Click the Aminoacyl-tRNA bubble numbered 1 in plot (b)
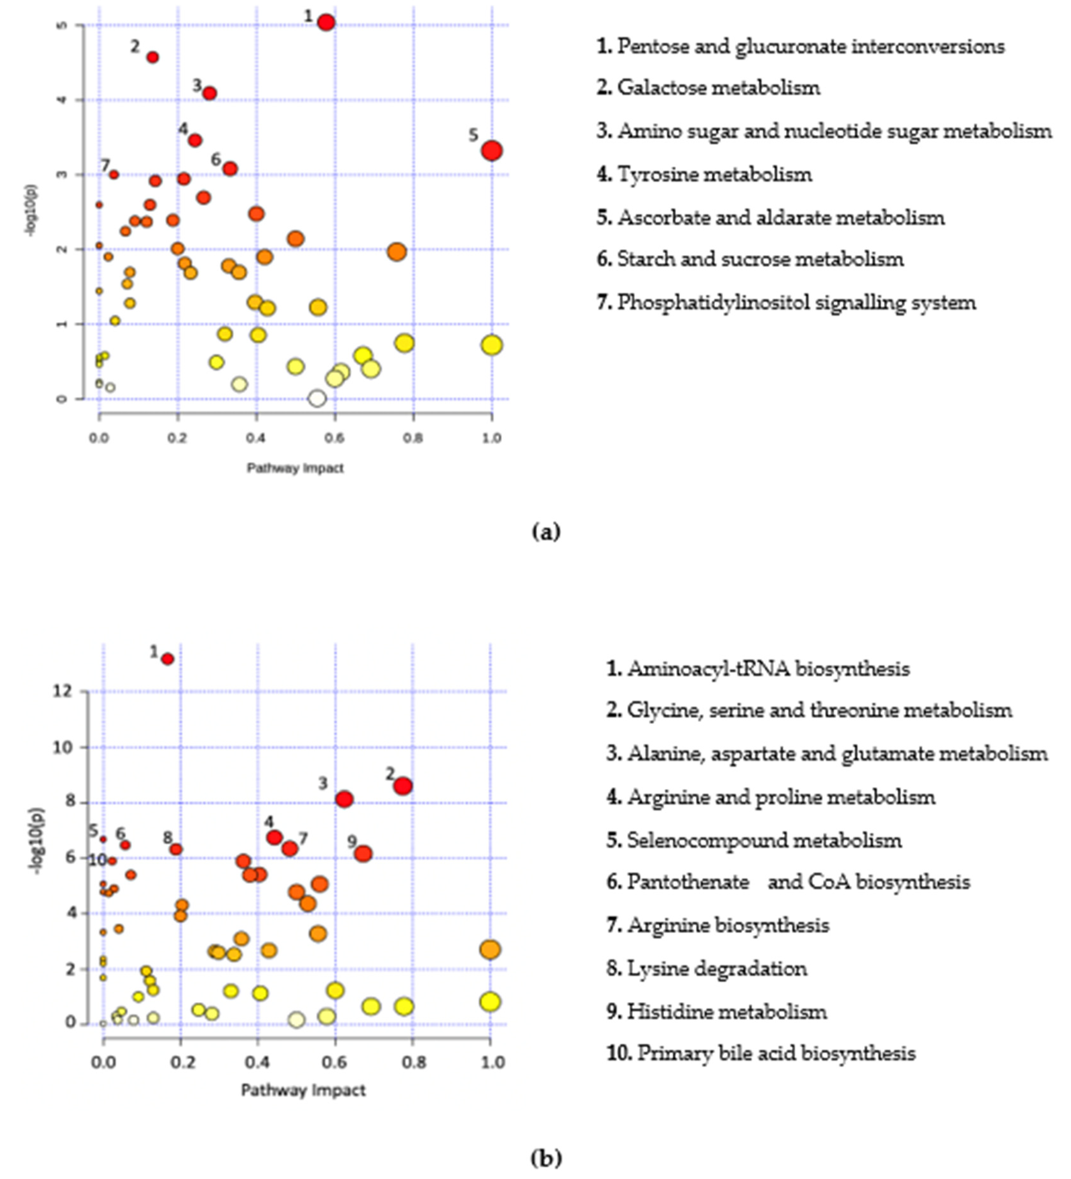pyautogui.click(x=168, y=659)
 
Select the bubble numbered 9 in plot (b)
pyautogui.click(x=363, y=854)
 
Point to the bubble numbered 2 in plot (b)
pyautogui.click(x=403, y=786)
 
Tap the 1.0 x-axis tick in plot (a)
pyautogui.click(x=491, y=438)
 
